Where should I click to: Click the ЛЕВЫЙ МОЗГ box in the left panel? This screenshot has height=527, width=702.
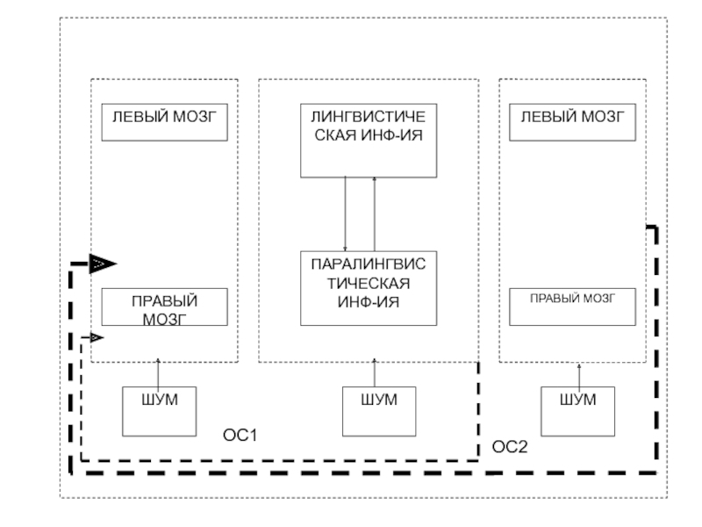165,123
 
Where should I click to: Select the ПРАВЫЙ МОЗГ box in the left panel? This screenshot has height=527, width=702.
164,307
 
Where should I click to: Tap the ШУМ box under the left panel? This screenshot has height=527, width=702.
158,410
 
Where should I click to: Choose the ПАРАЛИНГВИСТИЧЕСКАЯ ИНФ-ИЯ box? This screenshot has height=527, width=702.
368,287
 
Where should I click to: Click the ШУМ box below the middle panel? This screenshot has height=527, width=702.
378,410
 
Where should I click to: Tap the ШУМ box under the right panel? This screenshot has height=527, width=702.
578,410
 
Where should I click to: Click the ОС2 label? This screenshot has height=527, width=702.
510,447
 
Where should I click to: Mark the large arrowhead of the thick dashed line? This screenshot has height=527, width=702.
103,263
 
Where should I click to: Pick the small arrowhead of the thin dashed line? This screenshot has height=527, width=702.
96,337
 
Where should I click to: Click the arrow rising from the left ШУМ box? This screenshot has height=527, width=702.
158,372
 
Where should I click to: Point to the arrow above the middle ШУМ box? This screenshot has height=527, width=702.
375,372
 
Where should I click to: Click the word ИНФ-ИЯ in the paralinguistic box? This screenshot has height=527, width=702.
368,303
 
